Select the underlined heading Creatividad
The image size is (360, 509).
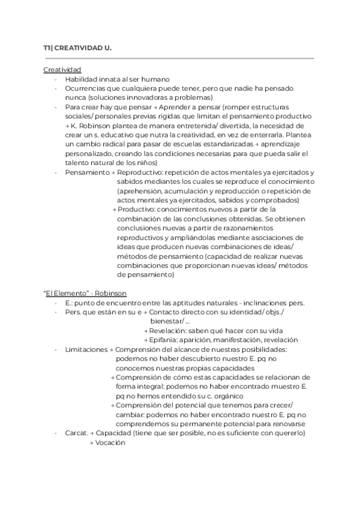point(62,70)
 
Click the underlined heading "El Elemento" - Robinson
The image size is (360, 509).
point(85,293)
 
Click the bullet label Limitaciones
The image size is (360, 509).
point(86,349)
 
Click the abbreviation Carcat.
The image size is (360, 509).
point(77,433)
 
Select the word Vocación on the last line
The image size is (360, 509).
point(111,442)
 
